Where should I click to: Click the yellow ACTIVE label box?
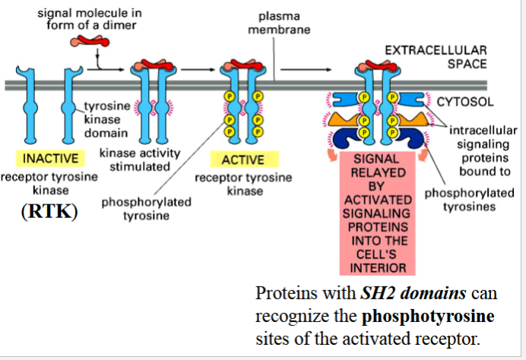click(x=242, y=159)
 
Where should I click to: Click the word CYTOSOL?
click(x=466, y=101)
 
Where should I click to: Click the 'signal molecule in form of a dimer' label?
click(x=83, y=19)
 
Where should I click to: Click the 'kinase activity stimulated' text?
click(x=140, y=159)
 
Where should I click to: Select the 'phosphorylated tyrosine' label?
click(x=146, y=209)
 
